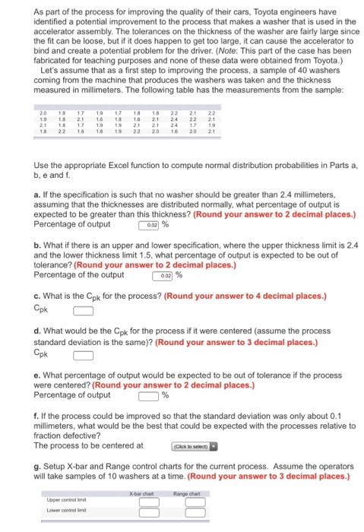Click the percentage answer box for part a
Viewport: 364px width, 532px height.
(x=148, y=224)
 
